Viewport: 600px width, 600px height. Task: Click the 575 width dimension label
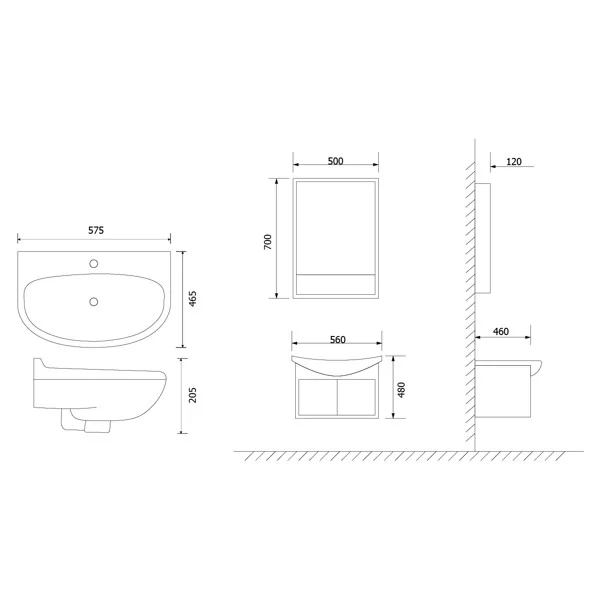pos(95,230)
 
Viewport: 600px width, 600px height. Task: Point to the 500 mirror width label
pos(335,160)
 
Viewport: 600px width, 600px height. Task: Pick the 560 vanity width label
pos(337,340)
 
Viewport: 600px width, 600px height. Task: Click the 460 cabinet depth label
pos(501,331)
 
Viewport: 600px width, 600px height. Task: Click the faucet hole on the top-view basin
pos(95,266)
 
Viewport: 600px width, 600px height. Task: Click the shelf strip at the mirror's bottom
pos(335,283)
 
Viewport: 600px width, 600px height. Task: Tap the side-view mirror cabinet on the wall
pos(484,238)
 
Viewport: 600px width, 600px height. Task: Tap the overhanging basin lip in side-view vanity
pos(540,369)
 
